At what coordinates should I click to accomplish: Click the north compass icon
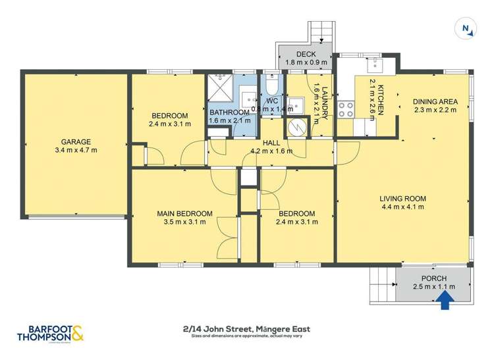(466, 28)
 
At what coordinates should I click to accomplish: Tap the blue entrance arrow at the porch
(445, 300)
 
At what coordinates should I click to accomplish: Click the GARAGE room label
(76, 141)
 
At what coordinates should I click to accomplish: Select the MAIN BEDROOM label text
(184, 213)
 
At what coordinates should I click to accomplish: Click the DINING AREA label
(435, 101)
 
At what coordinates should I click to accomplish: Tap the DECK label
(306, 54)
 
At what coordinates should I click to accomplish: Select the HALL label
(271, 141)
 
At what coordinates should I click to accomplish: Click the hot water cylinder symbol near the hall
(296, 126)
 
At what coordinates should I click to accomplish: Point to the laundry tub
(296, 103)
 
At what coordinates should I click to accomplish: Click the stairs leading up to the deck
(321, 32)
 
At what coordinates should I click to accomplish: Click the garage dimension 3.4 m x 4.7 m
(76, 151)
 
